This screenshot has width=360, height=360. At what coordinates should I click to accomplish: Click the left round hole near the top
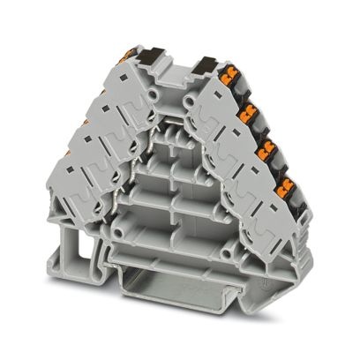point(155,93)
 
